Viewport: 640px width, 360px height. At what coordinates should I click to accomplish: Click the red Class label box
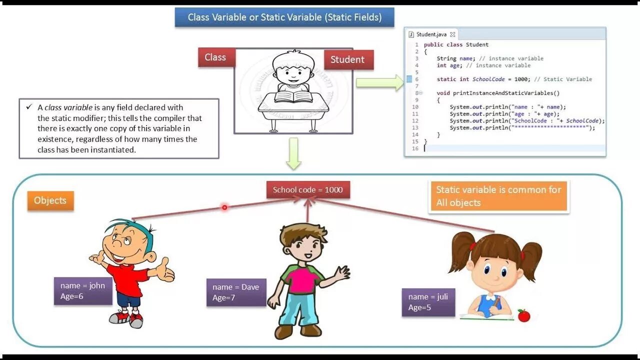point(215,57)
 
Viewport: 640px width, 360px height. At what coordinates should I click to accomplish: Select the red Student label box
point(347,59)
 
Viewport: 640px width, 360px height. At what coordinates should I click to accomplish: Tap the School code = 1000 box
point(307,190)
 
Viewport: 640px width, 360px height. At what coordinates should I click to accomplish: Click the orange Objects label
point(50,200)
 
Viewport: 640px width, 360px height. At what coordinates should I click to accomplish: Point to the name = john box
point(83,291)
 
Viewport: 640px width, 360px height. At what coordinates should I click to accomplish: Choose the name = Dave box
point(236,292)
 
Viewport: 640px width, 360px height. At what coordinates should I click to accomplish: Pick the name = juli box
point(428,302)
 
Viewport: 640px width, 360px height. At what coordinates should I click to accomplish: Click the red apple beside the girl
point(523,315)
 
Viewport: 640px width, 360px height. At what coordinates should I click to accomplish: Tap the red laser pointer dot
point(224,207)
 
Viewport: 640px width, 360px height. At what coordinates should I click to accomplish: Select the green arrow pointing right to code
point(380,82)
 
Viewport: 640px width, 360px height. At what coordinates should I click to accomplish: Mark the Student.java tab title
point(431,34)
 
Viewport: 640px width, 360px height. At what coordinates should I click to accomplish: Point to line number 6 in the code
point(416,79)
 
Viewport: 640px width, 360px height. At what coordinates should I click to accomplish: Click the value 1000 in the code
point(520,79)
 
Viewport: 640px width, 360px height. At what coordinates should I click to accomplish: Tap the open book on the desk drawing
point(293,94)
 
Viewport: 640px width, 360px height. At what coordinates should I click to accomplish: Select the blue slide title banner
point(284,17)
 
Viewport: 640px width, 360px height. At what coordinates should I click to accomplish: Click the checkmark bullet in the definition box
point(29,107)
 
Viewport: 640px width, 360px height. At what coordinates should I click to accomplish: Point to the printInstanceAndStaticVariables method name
point(505,93)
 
